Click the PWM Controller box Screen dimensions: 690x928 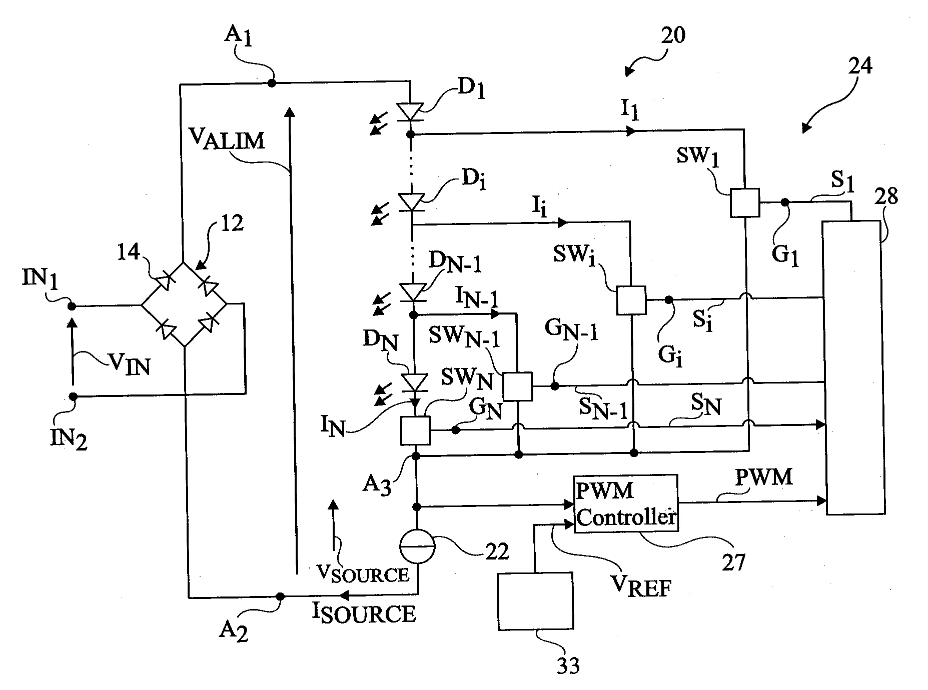point(625,504)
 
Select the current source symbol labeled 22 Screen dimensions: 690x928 point(417,546)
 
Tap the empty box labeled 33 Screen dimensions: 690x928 point(535,600)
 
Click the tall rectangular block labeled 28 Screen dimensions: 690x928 point(853,367)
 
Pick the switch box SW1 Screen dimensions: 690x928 point(744,202)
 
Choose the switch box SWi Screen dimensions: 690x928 point(631,300)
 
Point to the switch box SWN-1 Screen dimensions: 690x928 point(517,386)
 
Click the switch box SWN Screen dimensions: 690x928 point(415,430)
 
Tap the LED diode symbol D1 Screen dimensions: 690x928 point(410,111)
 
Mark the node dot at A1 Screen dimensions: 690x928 point(272,83)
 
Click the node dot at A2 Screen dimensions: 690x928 point(280,596)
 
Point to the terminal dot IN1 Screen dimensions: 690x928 point(72,305)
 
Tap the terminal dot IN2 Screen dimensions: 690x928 point(73,396)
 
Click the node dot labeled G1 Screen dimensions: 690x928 point(785,202)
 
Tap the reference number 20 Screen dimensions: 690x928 point(672,36)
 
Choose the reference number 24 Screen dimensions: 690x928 point(859,65)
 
